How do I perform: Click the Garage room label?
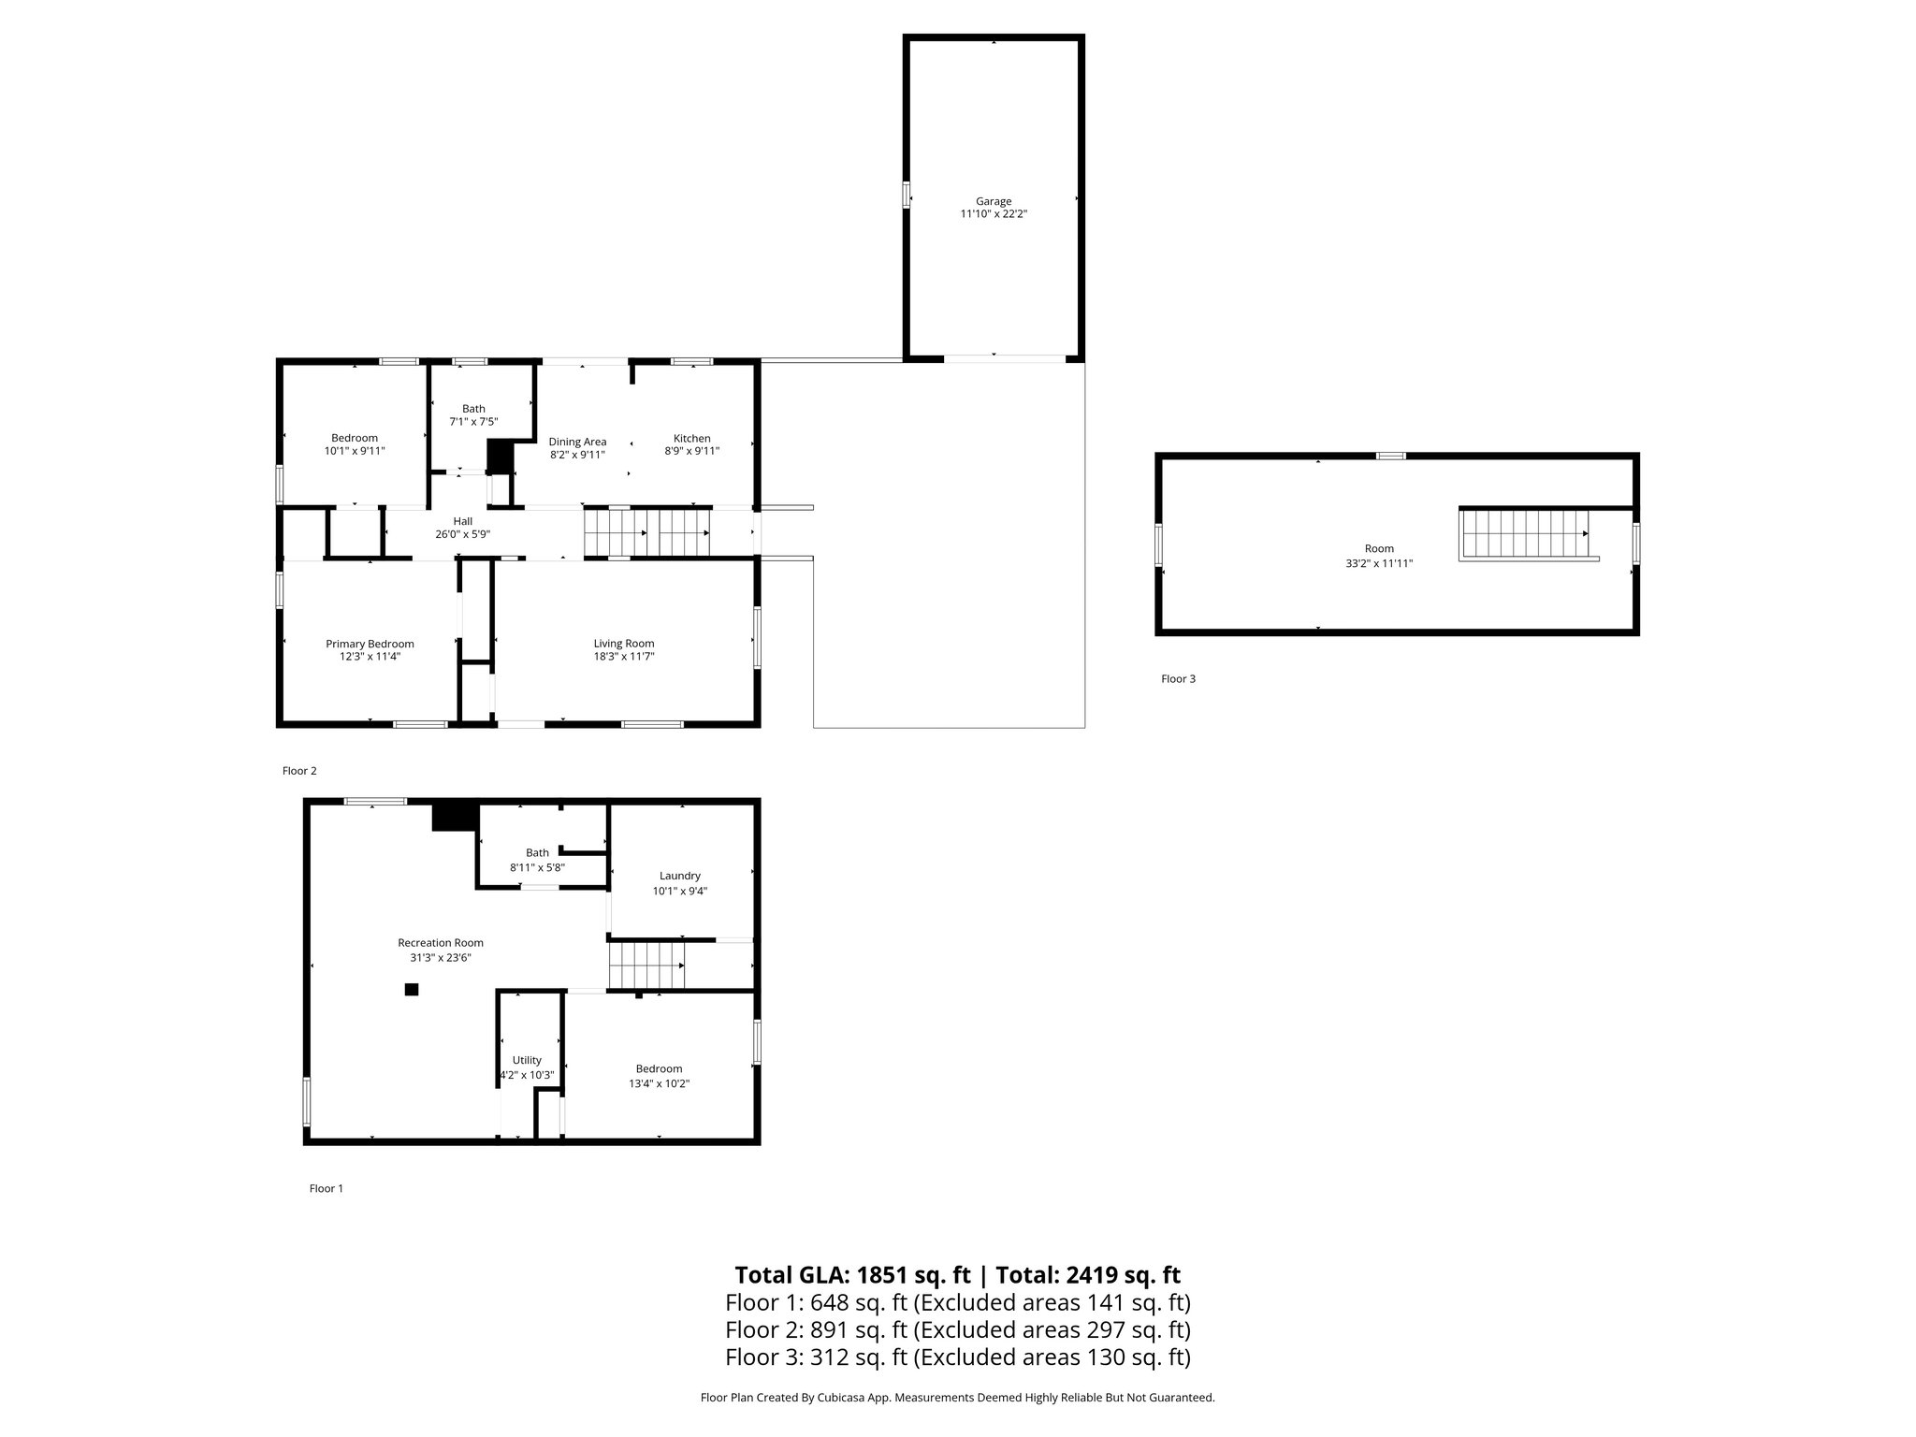(x=994, y=201)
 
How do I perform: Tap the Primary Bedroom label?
(x=370, y=644)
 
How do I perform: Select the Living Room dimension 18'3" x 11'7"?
(x=623, y=657)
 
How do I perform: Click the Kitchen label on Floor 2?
(x=692, y=438)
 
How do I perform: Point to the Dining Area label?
(x=577, y=442)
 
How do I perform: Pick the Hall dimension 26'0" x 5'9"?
(x=462, y=534)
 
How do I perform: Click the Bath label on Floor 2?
(x=473, y=409)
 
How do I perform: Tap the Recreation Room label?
(x=441, y=943)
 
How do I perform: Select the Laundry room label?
(x=679, y=877)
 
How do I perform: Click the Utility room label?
(x=527, y=1060)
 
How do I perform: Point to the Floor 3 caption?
(x=1178, y=679)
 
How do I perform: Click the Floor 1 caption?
(x=327, y=1188)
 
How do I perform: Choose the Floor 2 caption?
(x=299, y=771)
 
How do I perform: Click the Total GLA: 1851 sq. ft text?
(x=854, y=1275)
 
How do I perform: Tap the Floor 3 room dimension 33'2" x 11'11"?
(x=1378, y=563)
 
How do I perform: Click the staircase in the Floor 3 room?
(x=1525, y=534)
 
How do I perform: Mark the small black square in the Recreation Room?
(x=412, y=989)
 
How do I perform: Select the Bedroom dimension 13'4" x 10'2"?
(x=659, y=1083)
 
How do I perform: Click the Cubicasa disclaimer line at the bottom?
(x=957, y=1398)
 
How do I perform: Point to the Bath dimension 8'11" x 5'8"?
(x=537, y=867)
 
